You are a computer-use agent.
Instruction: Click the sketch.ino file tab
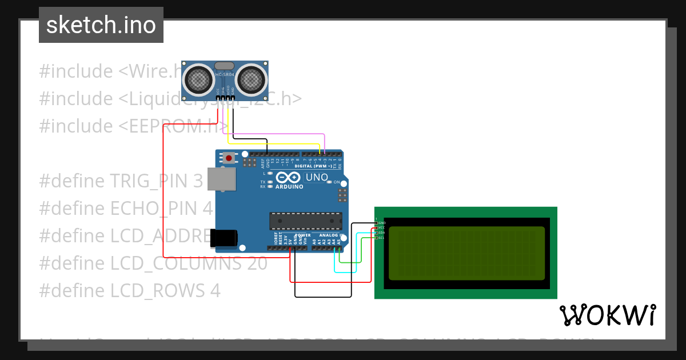coord(101,25)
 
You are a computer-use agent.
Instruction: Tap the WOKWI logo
coord(607,315)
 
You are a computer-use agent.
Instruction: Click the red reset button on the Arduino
coord(229,158)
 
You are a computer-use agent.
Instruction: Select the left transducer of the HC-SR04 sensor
coord(198,78)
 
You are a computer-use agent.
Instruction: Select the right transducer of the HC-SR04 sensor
coord(252,78)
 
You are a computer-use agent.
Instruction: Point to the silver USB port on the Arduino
coord(221,178)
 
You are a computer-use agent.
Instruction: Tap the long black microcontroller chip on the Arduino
coord(306,221)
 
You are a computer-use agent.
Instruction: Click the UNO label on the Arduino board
coord(317,177)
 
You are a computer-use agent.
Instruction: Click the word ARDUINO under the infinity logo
coord(289,187)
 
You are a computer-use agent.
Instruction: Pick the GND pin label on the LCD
coord(382,222)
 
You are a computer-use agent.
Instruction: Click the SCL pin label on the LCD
coord(381,238)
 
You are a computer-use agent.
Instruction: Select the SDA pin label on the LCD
coord(381,233)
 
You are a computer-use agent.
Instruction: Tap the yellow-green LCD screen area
coord(466,253)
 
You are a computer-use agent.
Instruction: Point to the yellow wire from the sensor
coord(274,143)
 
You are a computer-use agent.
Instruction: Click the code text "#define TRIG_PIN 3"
coord(121,181)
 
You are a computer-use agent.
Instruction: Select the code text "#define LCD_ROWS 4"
coord(129,291)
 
